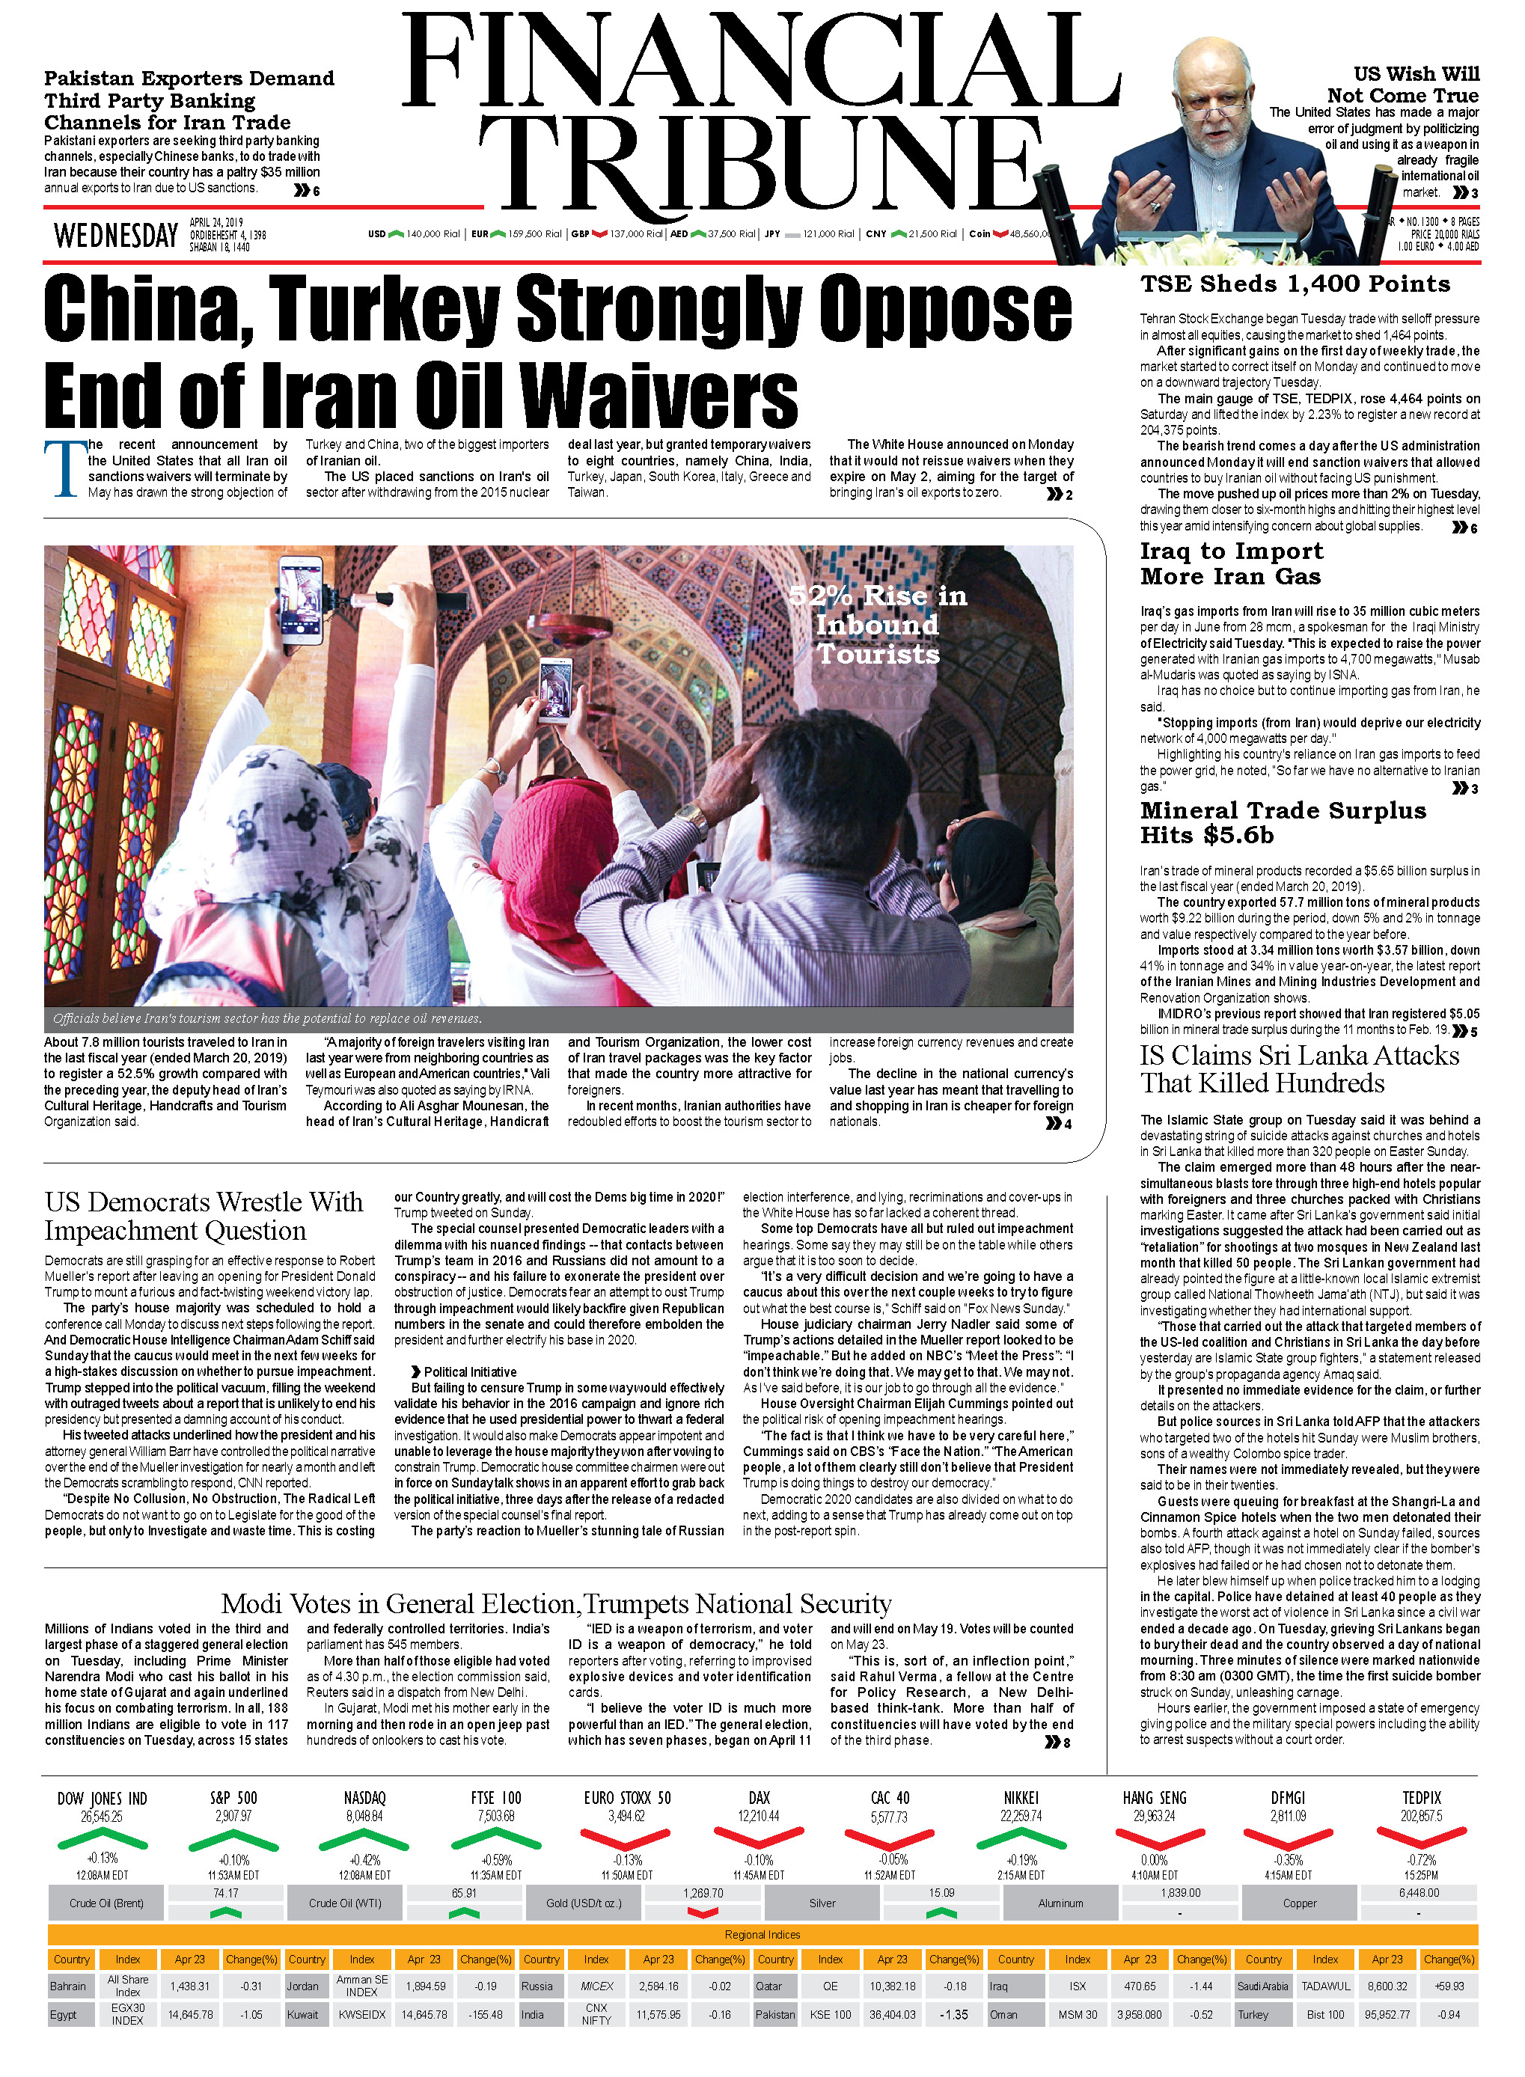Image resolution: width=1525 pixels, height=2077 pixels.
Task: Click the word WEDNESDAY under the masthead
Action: pyautogui.click(x=115, y=236)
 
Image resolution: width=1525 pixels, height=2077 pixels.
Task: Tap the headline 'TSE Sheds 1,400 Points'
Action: pyautogui.click(x=1295, y=284)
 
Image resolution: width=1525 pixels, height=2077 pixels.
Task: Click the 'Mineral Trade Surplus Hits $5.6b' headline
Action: pyautogui.click(x=1283, y=822)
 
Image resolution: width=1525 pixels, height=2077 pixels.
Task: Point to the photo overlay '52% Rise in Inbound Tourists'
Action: pyautogui.click(x=877, y=625)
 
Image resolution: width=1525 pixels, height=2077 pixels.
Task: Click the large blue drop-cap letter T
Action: pyautogui.click(x=64, y=469)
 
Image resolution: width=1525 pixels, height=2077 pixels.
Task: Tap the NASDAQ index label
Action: pyautogui.click(x=364, y=1798)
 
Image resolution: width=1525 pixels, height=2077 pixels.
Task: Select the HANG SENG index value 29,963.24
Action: pyautogui.click(x=1154, y=1816)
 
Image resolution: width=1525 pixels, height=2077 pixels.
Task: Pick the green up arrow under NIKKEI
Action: pyautogui.click(x=1021, y=1839)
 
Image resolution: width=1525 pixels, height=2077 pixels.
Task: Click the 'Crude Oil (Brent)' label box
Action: pyautogui.click(x=106, y=1903)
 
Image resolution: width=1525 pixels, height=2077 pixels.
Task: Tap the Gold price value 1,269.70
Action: pyautogui.click(x=703, y=1893)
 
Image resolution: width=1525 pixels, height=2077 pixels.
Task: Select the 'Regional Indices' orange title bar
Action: pyautogui.click(x=762, y=1935)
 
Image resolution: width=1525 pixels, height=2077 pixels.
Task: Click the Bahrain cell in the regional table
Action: pyautogui.click(x=70, y=1986)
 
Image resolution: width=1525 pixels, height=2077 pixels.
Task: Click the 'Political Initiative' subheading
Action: pyautogui.click(x=469, y=1371)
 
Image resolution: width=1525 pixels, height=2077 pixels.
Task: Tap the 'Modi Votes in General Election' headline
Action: pyautogui.click(x=556, y=1603)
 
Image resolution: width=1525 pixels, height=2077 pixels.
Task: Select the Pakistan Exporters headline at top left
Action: pyautogui.click(x=189, y=100)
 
